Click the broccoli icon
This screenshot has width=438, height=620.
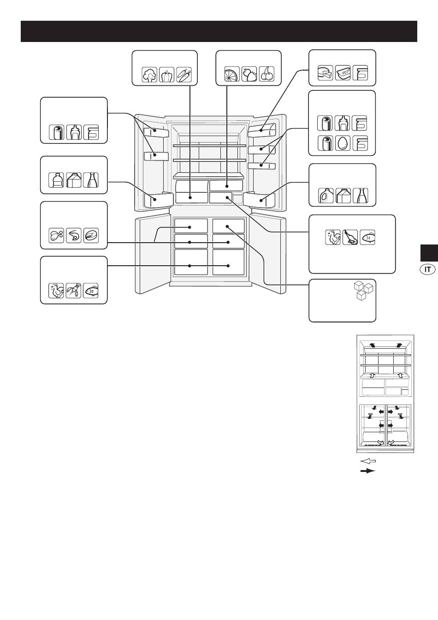149,74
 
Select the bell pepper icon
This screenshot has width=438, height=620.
166,74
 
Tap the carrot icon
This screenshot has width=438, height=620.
184,74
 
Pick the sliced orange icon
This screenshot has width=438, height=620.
232,74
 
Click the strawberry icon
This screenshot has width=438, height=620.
249,74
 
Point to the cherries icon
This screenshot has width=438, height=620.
267,74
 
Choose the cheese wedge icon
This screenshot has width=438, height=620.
326,73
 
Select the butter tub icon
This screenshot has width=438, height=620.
343,73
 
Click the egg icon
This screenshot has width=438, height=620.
343,143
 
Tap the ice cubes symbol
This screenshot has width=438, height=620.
364,291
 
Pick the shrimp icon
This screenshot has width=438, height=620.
74,236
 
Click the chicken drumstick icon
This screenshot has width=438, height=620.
56,236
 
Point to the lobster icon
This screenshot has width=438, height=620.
74,291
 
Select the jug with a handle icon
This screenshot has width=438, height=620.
326,196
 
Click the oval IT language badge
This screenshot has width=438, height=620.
427,269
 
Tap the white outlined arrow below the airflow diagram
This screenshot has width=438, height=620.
368,461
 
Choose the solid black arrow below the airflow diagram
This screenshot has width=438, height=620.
368,471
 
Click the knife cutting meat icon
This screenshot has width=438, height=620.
350,237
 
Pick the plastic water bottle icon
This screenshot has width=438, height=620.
56,180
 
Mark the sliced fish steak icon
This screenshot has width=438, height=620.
91,236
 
